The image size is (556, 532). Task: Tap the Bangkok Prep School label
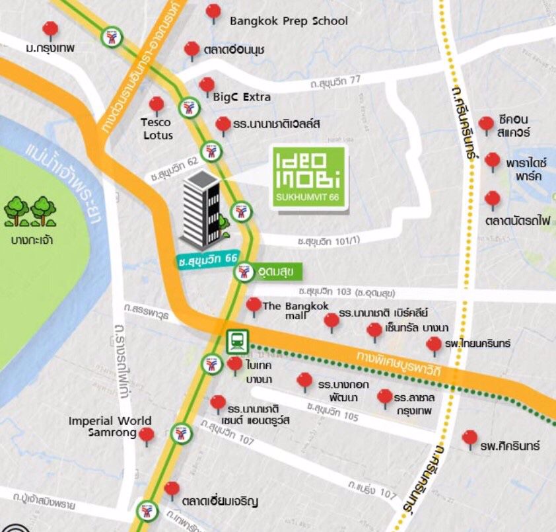point(289,21)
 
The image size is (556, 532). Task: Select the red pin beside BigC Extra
point(207,85)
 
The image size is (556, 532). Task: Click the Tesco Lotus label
point(156,129)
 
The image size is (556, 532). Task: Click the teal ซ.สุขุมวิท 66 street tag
point(208,260)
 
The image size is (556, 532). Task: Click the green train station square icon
point(236,342)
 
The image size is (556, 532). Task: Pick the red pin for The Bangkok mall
point(254,305)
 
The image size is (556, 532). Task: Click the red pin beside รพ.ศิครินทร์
point(469,438)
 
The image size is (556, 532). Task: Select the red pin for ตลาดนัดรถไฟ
point(492,199)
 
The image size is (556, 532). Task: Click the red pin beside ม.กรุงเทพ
point(50,30)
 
